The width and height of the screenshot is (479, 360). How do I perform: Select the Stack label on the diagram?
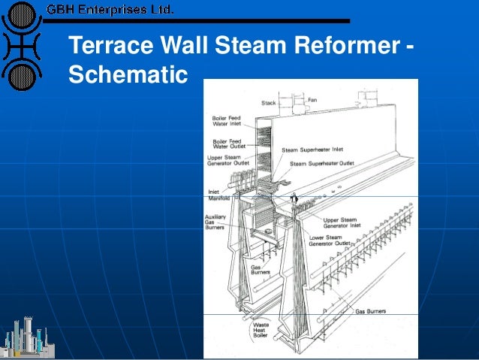point(269,103)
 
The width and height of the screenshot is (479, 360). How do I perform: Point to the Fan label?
point(312,99)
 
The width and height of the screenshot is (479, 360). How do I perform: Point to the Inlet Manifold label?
point(218,196)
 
